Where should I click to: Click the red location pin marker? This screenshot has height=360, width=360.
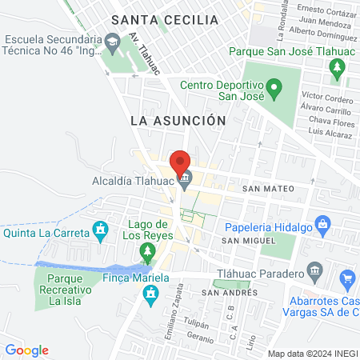(x=181, y=162)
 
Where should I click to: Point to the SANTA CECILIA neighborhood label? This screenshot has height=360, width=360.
(x=164, y=19)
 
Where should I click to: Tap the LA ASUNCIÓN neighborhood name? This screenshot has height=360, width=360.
(x=178, y=120)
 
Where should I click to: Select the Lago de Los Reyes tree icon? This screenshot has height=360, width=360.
(x=146, y=254)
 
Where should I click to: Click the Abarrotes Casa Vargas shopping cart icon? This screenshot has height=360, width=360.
(x=347, y=279)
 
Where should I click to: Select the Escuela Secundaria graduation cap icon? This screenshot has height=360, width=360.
(x=113, y=39)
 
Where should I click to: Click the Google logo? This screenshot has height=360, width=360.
(x=26, y=350)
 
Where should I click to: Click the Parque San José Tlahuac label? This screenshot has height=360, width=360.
(x=293, y=50)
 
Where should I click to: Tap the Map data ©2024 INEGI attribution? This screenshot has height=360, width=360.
(x=313, y=354)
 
